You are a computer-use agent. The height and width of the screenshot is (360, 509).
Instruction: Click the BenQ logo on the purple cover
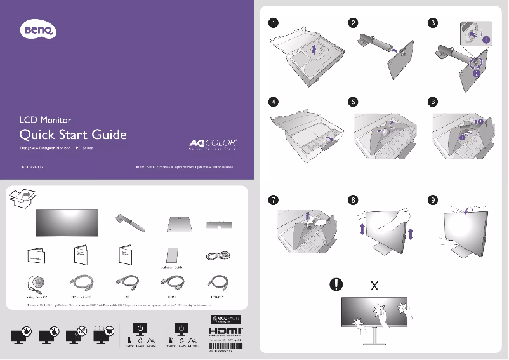tap(40, 29)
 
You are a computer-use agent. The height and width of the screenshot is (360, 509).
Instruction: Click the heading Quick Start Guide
tap(73, 135)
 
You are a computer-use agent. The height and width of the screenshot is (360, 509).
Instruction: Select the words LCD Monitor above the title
tap(44, 119)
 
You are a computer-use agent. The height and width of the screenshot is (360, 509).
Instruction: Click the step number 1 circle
tap(272, 23)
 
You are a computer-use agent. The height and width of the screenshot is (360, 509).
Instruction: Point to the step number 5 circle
tap(353, 102)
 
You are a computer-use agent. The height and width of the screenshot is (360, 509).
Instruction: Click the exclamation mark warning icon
tap(336, 285)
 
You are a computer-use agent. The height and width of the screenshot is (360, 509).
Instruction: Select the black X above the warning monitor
tap(374, 286)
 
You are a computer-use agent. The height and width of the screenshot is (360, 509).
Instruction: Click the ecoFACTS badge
tap(221, 318)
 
